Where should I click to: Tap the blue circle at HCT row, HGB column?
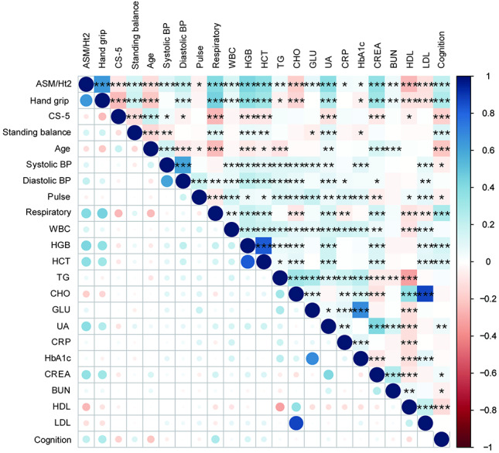pos(247,262)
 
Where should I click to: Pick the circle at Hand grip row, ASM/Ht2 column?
pos(86,100)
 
